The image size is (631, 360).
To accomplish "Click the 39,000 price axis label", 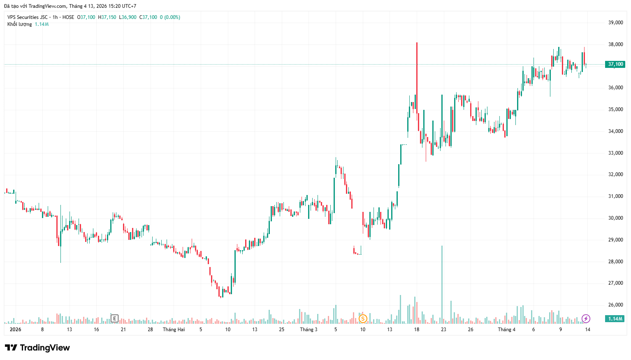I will pos(615,23).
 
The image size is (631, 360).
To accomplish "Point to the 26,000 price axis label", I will pos(615,305).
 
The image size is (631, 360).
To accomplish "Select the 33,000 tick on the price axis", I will pos(615,153).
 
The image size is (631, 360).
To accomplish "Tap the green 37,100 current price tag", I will pos(615,64).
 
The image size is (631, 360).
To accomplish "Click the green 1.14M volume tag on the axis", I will pos(615,319).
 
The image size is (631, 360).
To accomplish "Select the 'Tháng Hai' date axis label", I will pos(174,330).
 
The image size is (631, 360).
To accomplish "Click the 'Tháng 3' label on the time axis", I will pos(309,330).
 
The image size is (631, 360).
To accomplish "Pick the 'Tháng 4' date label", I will pos(506,330).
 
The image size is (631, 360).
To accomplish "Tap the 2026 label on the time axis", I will pos(15,330).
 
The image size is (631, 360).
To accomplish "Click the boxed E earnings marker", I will pos(114,318).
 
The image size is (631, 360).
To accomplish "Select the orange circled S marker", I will pos(363,318).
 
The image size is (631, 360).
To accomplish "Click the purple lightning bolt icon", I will pos(586,318).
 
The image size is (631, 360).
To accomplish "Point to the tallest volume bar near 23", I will pos(442,284).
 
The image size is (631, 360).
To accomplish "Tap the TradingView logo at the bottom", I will pos(37,348).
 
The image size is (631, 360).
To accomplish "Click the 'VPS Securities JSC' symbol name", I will pos(28,17).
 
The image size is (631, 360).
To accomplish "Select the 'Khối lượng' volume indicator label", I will pos(19,24).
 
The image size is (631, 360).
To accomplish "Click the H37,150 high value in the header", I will pos(107,17).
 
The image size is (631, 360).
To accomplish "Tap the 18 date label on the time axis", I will pos(417,330).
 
